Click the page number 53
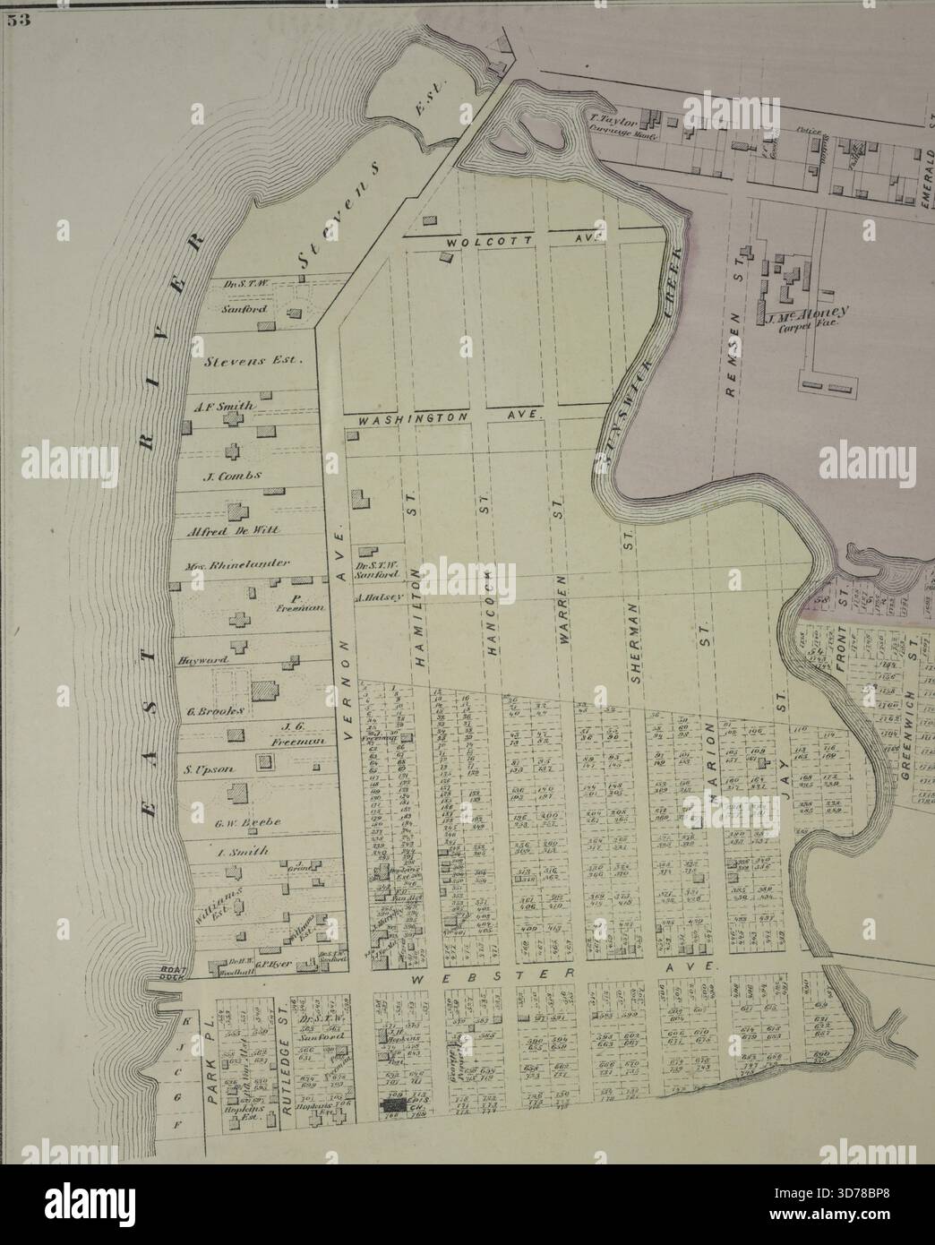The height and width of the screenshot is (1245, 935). click(x=19, y=22)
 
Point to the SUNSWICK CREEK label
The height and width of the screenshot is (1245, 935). click(x=639, y=358)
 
